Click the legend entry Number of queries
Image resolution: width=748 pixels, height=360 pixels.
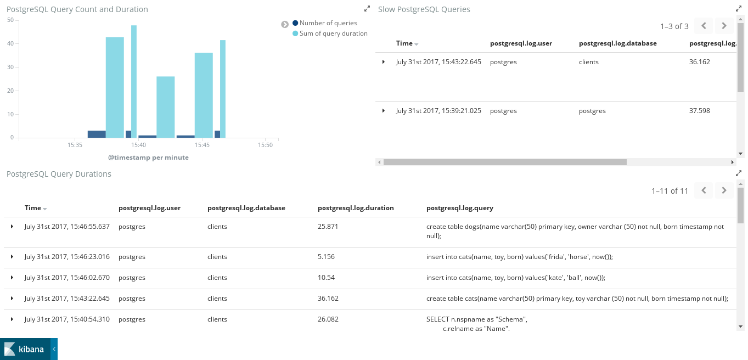[328, 23]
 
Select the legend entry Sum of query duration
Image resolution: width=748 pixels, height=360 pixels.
[333, 33]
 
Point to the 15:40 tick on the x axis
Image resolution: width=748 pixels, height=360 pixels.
[138, 145]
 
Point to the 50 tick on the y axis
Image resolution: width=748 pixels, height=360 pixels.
[10, 20]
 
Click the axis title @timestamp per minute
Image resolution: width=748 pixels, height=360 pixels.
[148, 157]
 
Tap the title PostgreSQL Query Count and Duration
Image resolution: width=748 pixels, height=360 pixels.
[77, 9]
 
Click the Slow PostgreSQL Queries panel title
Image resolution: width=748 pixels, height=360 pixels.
[424, 9]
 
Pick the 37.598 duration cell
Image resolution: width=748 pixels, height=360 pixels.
[699, 111]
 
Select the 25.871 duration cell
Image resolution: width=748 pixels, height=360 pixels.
[328, 227]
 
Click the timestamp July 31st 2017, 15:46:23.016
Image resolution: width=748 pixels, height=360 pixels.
[67, 257]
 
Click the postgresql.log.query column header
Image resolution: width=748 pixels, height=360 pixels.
[459, 208]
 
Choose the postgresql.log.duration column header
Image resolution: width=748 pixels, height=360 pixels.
[356, 208]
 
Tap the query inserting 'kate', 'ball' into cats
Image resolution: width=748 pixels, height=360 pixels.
[515, 278]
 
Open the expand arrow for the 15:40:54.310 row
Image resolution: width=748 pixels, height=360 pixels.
[12, 319]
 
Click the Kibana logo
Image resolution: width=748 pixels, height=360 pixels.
[25, 349]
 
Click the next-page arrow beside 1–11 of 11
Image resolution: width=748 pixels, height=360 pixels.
[724, 190]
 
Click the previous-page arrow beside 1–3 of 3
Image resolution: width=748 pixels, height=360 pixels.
[704, 26]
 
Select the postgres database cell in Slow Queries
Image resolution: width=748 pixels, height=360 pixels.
[592, 111]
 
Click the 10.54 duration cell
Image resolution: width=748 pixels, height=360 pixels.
[326, 278]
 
